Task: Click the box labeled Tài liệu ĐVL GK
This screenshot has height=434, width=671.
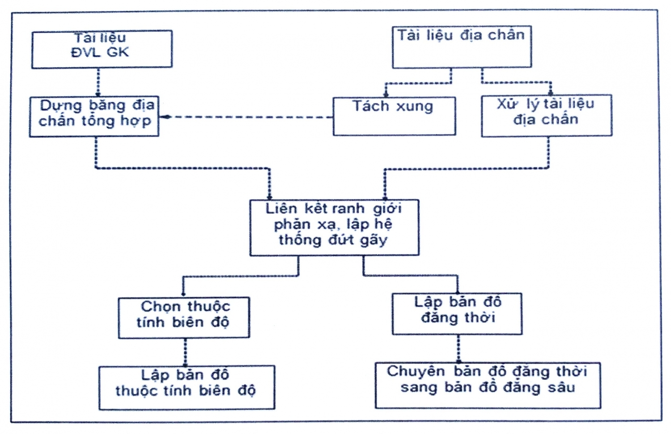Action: click(x=102, y=49)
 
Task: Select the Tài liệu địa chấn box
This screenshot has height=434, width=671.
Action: click(x=462, y=47)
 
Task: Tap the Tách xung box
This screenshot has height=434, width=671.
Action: click(x=394, y=116)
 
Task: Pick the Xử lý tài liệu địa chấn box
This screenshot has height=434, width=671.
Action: click(x=546, y=115)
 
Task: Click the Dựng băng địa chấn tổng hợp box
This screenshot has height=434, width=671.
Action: click(x=94, y=116)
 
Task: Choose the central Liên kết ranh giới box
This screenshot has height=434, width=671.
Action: click(x=334, y=227)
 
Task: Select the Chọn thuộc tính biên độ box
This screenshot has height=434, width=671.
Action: click(x=184, y=317)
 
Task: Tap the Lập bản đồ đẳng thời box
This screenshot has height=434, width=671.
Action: click(x=457, y=314)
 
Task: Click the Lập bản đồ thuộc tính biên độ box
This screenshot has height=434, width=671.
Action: click(x=187, y=387)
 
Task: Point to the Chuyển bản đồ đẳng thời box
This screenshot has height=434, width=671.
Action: click(x=488, y=385)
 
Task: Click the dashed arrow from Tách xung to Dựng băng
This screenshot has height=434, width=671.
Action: click(x=246, y=117)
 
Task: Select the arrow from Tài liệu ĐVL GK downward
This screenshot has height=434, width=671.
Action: click(x=98, y=82)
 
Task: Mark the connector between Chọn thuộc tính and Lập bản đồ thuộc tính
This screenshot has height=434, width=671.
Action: click(x=185, y=352)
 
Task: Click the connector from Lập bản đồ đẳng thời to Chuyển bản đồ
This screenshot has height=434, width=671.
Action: click(x=458, y=349)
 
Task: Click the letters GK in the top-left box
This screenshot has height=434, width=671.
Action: click(x=118, y=52)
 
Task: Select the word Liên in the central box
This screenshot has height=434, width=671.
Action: click(x=281, y=208)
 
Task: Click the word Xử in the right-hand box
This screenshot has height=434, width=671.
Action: click(x=506, y=104)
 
